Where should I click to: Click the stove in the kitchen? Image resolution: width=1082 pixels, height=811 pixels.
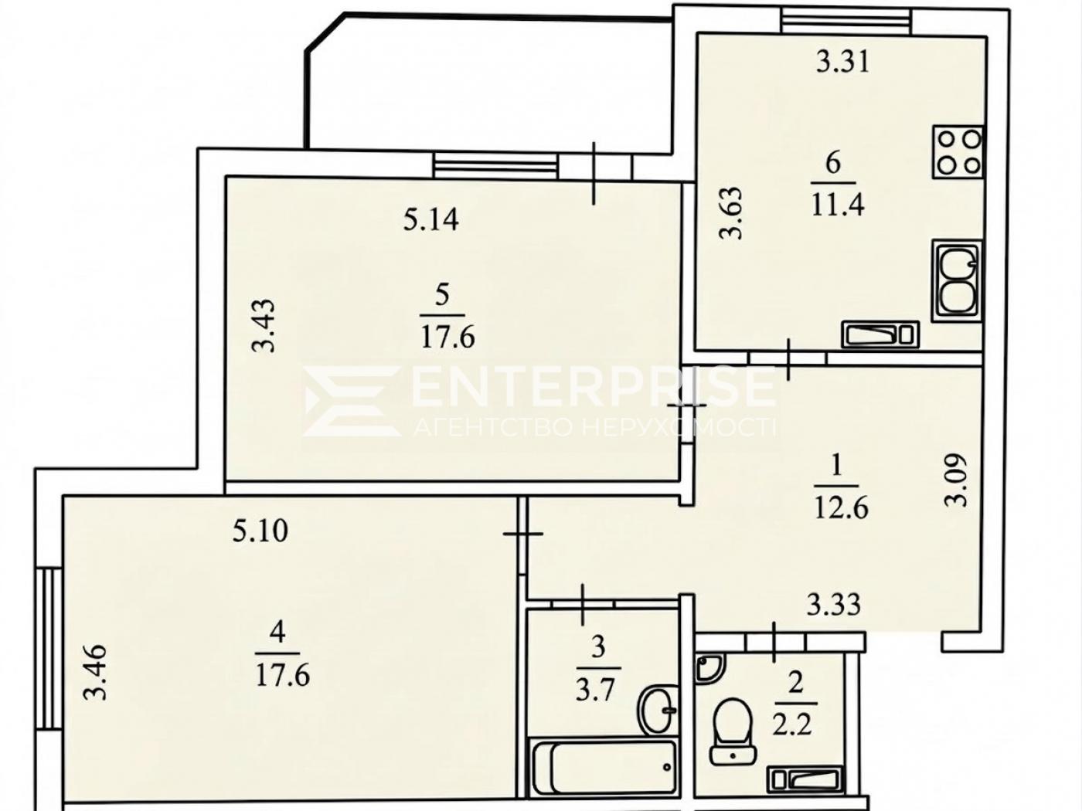(x=958, y=152)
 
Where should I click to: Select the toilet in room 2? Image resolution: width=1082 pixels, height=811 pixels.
(x=733, y=737)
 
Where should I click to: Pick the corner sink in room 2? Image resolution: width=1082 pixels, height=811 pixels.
(x=709, y=668)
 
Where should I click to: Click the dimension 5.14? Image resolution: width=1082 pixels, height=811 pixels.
(x=430, y=219)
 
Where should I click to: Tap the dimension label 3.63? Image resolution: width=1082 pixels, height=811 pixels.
(x=730, y=212)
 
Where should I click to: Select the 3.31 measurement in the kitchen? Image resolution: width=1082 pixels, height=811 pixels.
(x=842, y=63)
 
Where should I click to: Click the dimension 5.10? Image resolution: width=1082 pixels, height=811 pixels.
(x=260, y=531)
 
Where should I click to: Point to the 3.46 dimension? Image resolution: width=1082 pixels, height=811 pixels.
(x=94, y=672)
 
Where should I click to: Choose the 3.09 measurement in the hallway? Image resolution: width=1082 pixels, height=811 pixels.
(x=956, y=480)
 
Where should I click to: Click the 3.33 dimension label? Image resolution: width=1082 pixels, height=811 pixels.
(x=834, y=605)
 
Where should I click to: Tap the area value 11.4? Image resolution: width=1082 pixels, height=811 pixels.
(x=838, y=205)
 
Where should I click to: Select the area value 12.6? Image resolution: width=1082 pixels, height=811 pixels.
(x=842, y=507)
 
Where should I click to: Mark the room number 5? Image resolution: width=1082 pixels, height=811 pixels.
(x=442, y=297)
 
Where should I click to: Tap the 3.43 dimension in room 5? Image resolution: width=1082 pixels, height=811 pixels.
(x=263, y=326)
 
